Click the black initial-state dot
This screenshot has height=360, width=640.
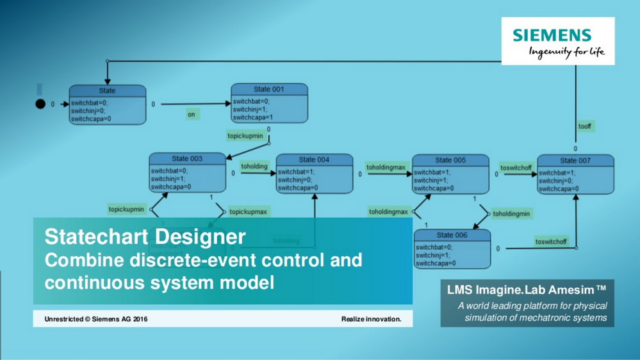[x=40, y=104]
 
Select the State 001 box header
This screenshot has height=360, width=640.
[x=269, y=90]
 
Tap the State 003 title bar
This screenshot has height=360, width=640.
[x=187, y=159]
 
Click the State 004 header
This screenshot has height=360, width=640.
[x=314, y=160]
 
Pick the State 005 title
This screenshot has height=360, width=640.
[x=450, y=160]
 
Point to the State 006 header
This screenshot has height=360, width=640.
[x=452, y=235]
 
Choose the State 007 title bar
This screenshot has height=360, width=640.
[x=575, y=161]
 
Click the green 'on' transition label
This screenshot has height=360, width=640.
[x=191, y=115]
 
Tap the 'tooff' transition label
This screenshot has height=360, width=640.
[x=584, y=126]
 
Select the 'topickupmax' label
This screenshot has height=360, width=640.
[x=248, y=211]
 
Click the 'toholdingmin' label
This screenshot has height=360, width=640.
[x=511, y=213]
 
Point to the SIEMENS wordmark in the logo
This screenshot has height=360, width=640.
[x=552, y=35]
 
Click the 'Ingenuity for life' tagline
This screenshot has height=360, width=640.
[x=566, y=52]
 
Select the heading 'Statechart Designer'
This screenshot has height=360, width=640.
[x=145, y=236]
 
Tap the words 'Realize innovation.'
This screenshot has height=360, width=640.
[x=371, y=318]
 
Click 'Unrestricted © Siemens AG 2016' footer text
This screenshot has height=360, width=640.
[x=96, y=318]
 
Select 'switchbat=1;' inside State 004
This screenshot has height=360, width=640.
[x=296, y=172]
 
